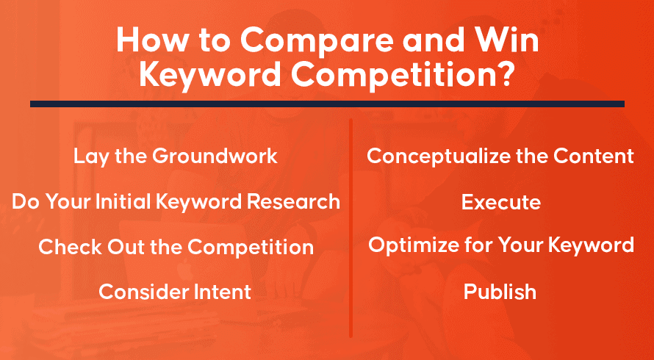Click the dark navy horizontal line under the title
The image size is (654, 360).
click(327, 104)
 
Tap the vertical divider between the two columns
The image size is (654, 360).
click(351, 228)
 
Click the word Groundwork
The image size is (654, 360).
click(215, 156)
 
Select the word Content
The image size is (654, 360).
click(594, 156)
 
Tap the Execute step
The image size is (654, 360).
click(501, 203)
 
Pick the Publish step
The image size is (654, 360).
click(500, 292)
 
